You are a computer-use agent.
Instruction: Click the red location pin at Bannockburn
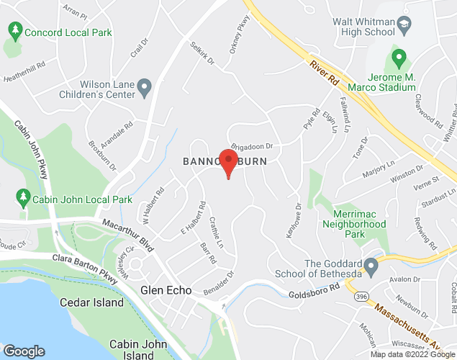click(229, 162)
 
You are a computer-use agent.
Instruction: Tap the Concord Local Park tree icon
click(14, 31)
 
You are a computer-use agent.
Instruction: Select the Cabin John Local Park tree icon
click(22, 196)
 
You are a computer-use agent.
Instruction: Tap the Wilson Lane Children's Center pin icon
click(145, 89)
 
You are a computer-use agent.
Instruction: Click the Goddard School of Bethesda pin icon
click(371, 267)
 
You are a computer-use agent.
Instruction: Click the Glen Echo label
click(166, 290)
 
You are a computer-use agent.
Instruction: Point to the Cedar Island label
click(91, 302)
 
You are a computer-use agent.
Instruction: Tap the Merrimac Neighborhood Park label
click(360, 223)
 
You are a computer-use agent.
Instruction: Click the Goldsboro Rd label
click(315, 294)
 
